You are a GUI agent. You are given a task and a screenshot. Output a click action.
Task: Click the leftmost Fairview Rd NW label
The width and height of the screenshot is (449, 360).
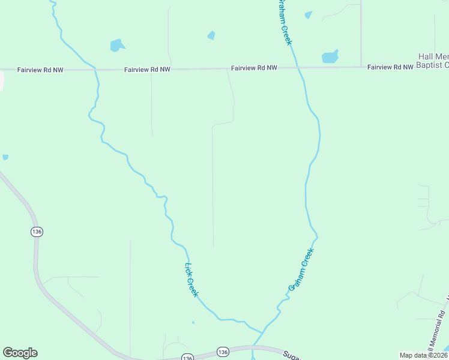pos(41,70)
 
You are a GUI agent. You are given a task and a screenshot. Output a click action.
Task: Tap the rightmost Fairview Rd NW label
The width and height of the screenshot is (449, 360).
pos(390,67)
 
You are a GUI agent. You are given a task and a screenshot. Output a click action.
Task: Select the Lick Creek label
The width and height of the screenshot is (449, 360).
pos(191,280)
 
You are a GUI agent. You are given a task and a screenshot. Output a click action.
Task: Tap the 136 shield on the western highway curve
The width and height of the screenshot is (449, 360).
pos(37,232)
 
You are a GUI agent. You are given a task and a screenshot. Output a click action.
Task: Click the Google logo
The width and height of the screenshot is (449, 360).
pos(20,353)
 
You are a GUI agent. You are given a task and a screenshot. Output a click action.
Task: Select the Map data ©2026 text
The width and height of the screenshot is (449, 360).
pos(423,355)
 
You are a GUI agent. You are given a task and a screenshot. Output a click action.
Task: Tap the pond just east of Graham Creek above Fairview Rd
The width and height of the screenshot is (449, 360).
pos(330,57)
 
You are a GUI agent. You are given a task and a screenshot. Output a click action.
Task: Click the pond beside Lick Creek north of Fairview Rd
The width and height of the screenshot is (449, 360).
pos(117,45)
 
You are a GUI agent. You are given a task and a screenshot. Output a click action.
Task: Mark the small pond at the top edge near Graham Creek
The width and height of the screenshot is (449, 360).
pos(309,15)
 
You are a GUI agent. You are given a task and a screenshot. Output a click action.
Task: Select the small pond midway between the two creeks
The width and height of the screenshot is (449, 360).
pos(211,35)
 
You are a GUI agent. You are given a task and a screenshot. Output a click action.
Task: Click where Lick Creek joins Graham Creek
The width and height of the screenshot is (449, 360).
pos(262,332)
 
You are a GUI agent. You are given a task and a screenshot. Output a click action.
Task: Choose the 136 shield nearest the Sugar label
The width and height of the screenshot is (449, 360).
pos(223,351)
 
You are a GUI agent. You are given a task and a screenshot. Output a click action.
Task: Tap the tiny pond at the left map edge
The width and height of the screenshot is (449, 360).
pos(5,157)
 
